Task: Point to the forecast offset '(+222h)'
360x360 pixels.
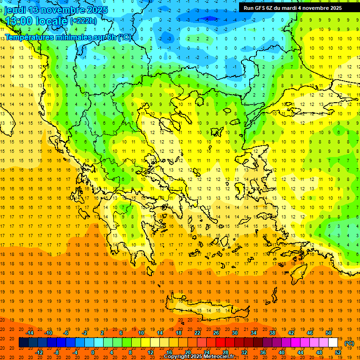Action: coord(83,21)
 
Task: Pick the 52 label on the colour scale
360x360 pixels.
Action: coord(337,352)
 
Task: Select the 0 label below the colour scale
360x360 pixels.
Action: coord(93,352)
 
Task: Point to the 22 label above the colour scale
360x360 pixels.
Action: coord(197,332)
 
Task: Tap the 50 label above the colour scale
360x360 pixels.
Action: coord(329,332)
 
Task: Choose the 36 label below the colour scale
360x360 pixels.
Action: coord(262,352)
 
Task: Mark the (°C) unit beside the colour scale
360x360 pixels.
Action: coord(349,343)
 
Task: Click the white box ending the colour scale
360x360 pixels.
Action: coord(333,343)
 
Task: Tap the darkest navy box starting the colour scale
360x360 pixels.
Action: coord(23,343)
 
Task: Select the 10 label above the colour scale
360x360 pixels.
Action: coord(141,332)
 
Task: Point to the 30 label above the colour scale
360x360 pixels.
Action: coord(235,332)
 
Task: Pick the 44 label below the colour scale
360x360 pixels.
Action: coord(300,352)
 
